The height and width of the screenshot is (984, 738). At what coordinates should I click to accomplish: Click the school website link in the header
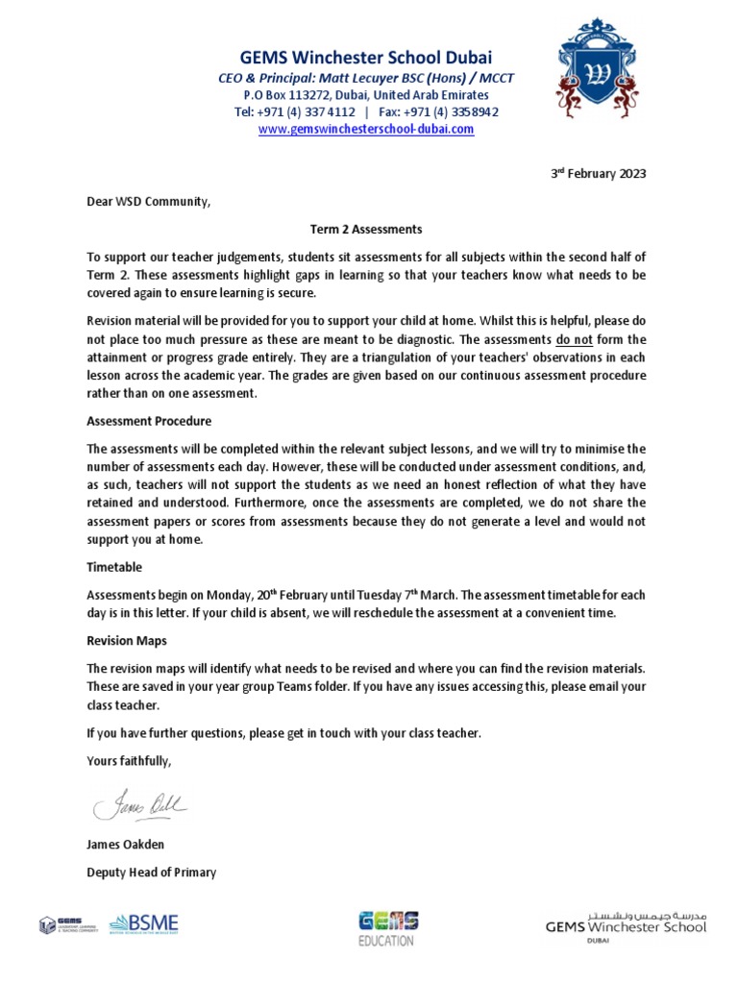click(366, 129)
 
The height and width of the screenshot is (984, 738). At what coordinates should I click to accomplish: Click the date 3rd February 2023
click(598, 174)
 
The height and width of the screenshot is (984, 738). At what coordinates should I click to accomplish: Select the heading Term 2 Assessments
click(365, 230)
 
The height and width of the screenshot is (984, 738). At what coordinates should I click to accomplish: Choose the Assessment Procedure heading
click(149, 421)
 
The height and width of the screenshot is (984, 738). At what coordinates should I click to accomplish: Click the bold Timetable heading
click(114, 568)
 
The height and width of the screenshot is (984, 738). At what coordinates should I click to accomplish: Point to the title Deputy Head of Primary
click(151, 873)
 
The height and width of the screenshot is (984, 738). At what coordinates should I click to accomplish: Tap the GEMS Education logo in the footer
click(387, 928)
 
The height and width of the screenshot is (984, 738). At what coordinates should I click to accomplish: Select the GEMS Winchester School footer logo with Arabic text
click(625, 926)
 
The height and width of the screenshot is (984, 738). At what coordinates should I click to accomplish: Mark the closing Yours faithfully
click(130, 761)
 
